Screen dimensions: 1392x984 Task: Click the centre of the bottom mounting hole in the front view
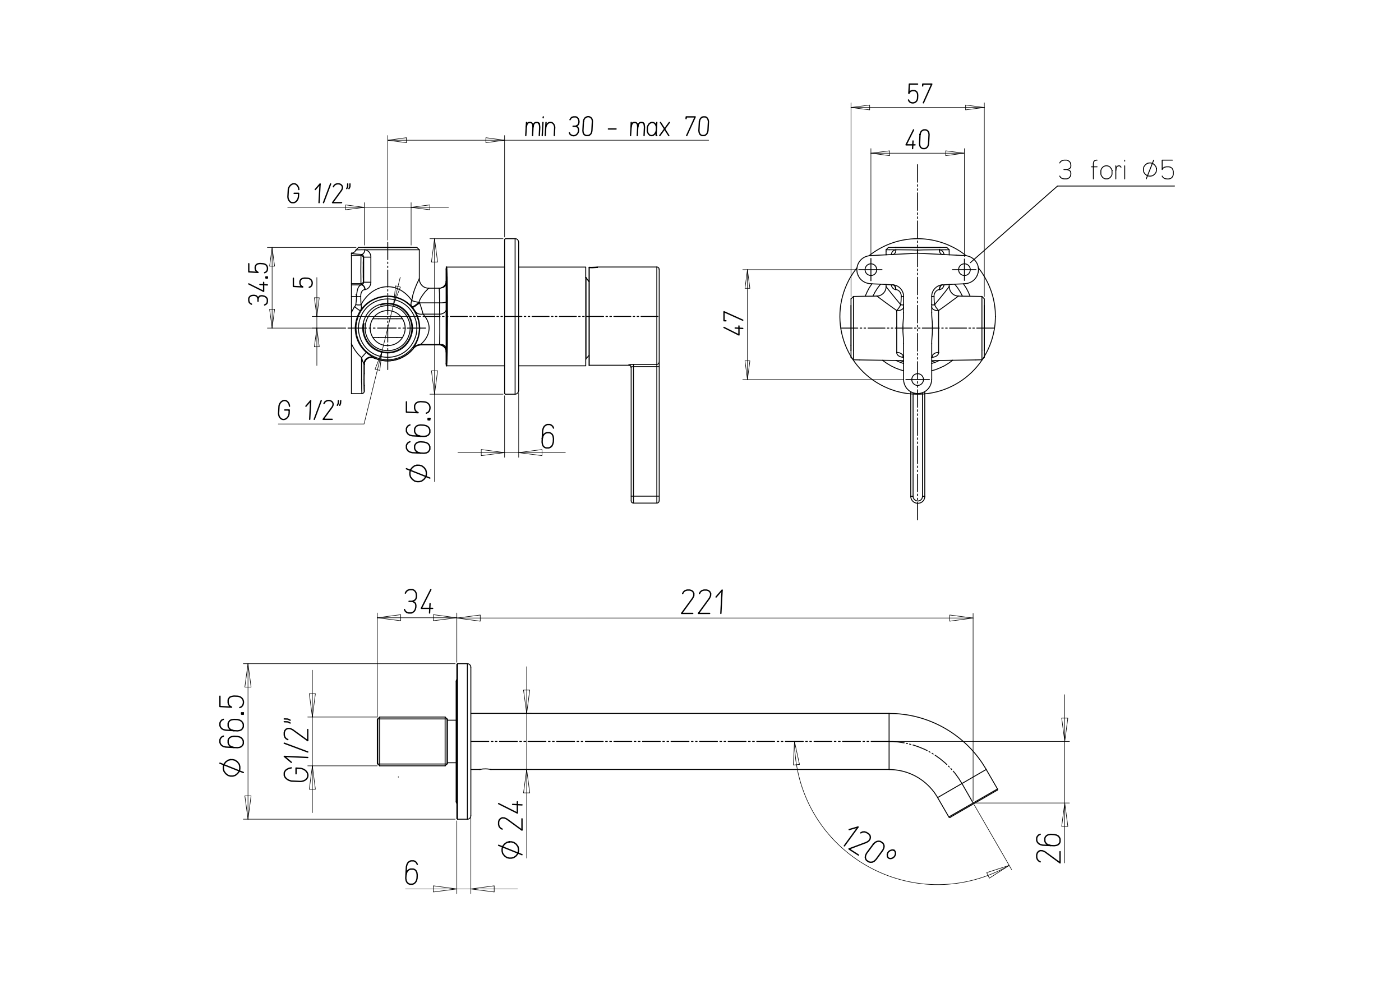pyautogui.click(x=918, y=380)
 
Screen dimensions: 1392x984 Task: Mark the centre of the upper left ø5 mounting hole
pyautogui.click(x=870, y=269)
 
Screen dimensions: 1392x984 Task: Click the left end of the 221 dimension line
pyautogui.click(x=457, y=618)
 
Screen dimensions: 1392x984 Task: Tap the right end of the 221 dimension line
pyautogui.click(x=973, y=618)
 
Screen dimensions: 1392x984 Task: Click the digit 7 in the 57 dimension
pyautogui.click(x=927, y=94)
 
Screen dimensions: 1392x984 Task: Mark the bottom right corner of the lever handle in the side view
pyautogui.click(x=659, y=502)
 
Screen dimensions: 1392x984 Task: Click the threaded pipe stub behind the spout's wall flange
pyautogui.click(x=412, y=741)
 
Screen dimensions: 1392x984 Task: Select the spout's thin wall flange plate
pyautogui.click(x=464, y=741)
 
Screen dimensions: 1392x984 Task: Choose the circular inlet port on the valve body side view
pyautogui.click(x=388, y=328)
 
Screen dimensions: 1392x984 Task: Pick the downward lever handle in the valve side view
pyautogui.click(x=644, y=433)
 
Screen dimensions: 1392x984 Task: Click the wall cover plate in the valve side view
pyautogui.click(x=511, y=316)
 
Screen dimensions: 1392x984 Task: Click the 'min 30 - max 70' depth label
pyautogui.click(x=616, y=127)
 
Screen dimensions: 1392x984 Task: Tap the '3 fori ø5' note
pyautogui.click(x=1116, y=170)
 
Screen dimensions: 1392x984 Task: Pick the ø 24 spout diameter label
pyautogui.click(x=511, y=829)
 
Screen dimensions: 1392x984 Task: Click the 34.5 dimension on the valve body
pyautogui.click(x=259, y=283)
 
